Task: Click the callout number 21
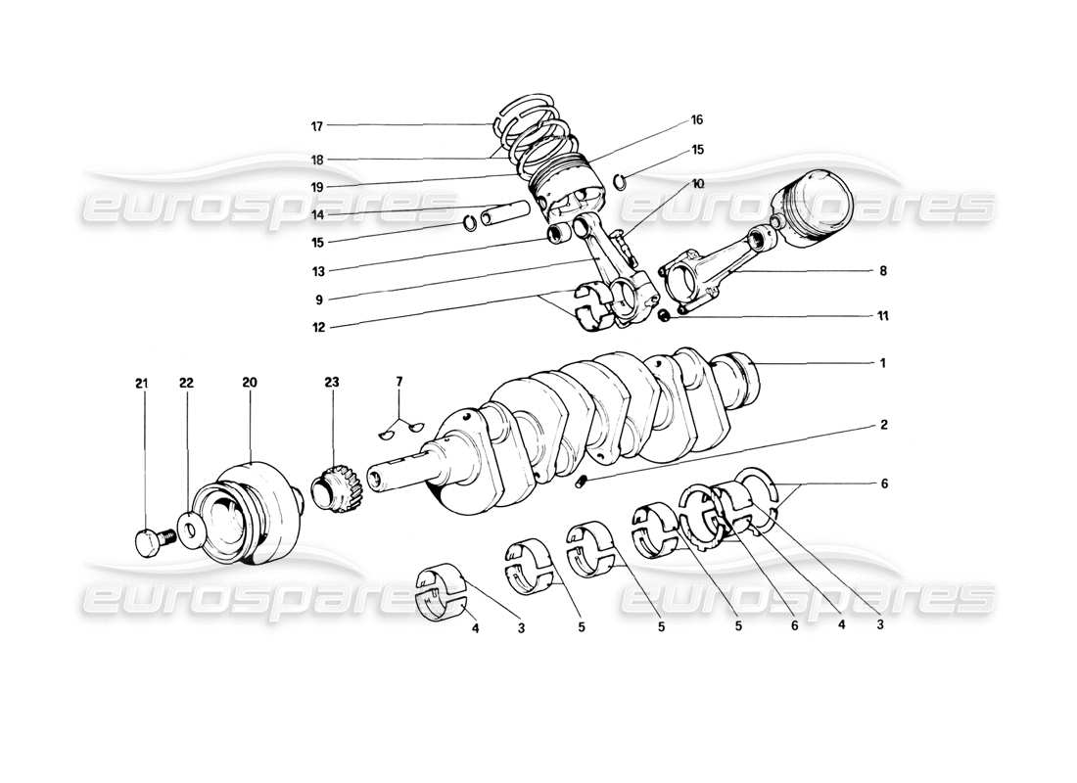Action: pyautogui.click(x=141, y=385)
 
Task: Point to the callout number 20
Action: pyautogui.click(x=250, y=385)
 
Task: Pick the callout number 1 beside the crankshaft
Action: pyautogui.click(x=882, y=363)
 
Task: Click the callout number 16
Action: pyautogui.click(x=697, y=120)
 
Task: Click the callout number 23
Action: pyautogui.click(x=332, y=385)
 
